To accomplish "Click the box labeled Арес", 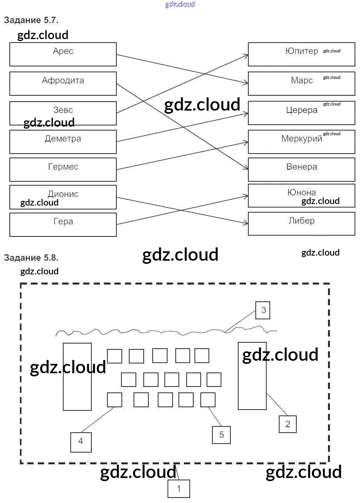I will [x=63, y=54].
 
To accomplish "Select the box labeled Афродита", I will [x=63, y=83].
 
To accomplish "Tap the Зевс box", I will [x=63, y=113].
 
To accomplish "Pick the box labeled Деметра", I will [x=63, y=141].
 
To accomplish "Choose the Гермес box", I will [x=63, y=169].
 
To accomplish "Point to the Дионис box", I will [x=63, y=197].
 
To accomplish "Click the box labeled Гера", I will [x=63, y=224].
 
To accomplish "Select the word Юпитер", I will [x=302, y=51].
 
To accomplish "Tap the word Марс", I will [x=302, y=81].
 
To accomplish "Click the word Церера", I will [x=302, y=110].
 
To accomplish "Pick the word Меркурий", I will [x=302, y=139].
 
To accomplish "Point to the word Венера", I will [x=302, y=167].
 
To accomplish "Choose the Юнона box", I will [x=301, y=195].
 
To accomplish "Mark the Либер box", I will [x=301, y=224].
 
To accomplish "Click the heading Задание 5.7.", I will [x=31, y=20].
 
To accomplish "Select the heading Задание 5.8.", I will [x=31, y=258].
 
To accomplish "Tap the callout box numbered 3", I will [x=263, y=310].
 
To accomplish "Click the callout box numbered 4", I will [x=81, y=442].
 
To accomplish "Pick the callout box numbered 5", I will [x=221, y=435].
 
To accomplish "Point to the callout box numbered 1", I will [x=179, y=489].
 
